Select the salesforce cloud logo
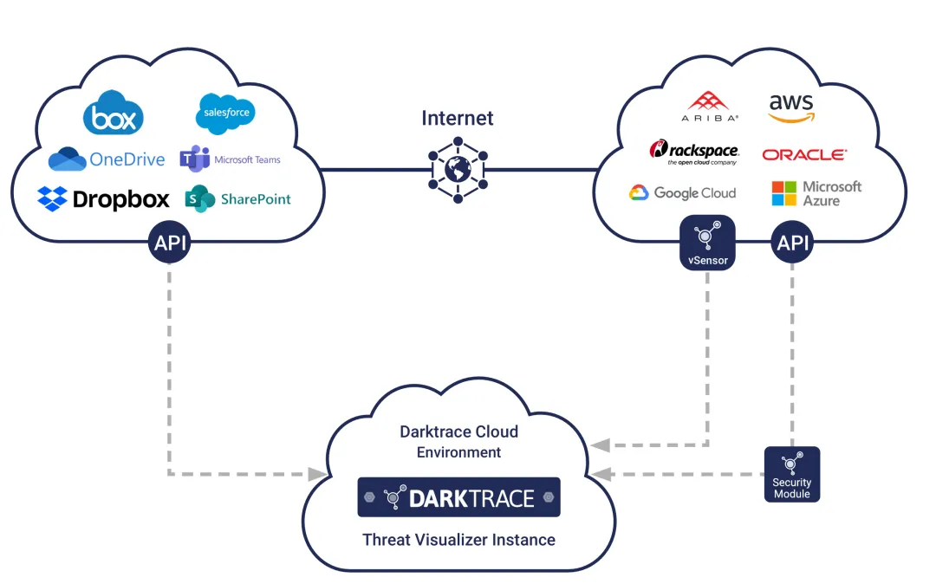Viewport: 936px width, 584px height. pos(226,114)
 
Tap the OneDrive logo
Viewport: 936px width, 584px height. pos(106,159)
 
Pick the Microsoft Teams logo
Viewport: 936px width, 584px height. pos(230,159)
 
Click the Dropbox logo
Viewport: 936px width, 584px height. pos(103,199)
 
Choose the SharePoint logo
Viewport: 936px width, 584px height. pos(237,198)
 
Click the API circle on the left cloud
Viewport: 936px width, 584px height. pos(169,243)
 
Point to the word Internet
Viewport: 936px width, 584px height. pos(458,118)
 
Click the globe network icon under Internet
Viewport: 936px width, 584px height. pos(458,169)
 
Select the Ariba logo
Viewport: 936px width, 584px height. pos(709,105)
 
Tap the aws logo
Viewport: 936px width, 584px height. pos(792,107)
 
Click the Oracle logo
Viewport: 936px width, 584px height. pos(804,154)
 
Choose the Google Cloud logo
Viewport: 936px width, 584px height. pos(682,193)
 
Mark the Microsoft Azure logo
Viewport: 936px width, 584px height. pos(816,193)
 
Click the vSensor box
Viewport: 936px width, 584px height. pos(708,242)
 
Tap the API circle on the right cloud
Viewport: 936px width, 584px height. pos(793,243)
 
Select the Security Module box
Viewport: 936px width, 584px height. pos(791,474)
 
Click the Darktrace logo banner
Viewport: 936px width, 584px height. pos(458,497)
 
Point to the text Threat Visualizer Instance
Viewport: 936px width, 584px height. pos(458,540)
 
